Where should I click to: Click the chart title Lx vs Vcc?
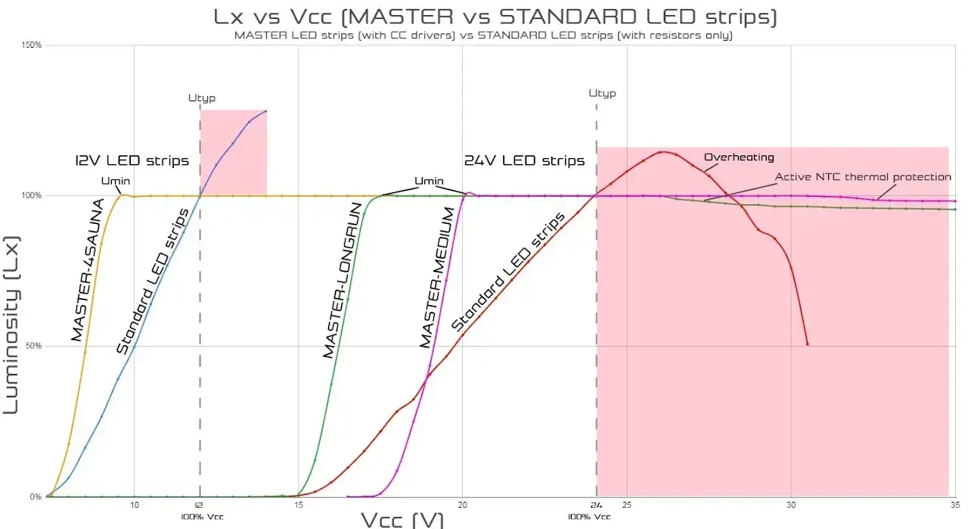click(484, 16)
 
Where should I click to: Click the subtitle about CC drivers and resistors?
click(484, 36)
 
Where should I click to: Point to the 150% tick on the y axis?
click(31, 45)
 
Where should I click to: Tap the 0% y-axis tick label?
click(35, 497)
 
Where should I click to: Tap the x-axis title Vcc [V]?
click(402, 519)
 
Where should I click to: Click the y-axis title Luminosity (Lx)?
click(12, 324)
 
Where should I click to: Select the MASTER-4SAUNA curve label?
click(88, 269)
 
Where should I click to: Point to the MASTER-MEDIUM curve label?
click(438, 279)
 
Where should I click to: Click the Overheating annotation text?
click(739, 157)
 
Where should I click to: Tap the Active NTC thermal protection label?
click(863, 177)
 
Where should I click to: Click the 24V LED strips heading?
click(524, 160)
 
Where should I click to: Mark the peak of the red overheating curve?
click(661, 152)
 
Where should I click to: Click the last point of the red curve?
click(808, 344)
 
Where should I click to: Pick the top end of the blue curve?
click(265, 111)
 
